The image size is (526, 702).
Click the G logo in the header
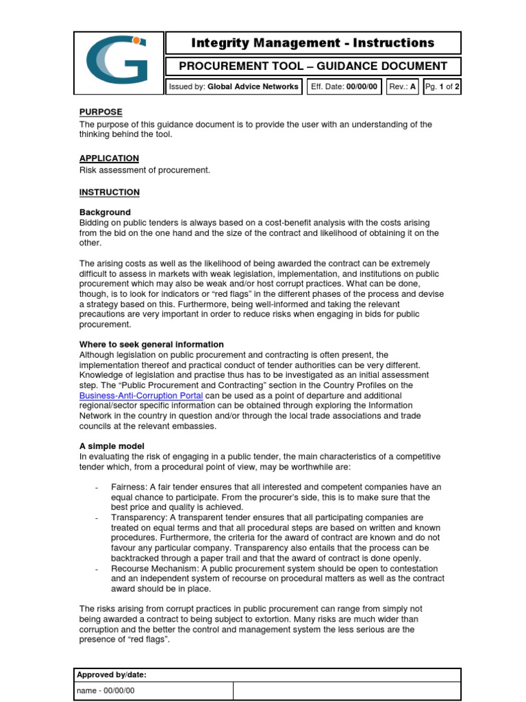pyautogui.click(x=118, y=63)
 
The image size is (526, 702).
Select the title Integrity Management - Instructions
pyautogui.click(x=313, y=43)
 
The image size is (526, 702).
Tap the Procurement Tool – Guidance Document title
pyautogui.click(x=313, y=66)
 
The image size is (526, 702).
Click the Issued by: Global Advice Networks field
pyautogui.click(x=234, y=87)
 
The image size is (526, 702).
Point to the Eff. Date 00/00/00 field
pyautogui.click(x=344, y=87)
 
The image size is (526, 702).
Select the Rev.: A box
pyautogui.click(x=403, y=87)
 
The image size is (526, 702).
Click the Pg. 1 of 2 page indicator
pyautogui.click(x=442, y=87)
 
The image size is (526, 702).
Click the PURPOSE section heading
pyautogui.click(x=101, y=112)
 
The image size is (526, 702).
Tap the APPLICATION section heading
pyautogui.click(x=109, y=158)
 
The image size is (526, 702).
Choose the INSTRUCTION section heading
pyautogui.click(x=109, y=193)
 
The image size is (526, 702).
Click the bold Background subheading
pyautogui.click(x=105, y=213)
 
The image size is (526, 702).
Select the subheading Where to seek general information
pyautogui.click(x=151, y=344)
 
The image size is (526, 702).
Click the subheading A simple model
pyautogui.click(x=112, y=446)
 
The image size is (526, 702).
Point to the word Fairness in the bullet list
pyautogui.click(x=127, y=487)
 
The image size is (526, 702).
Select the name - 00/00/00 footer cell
pyautogui.click(x=105, y=692)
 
